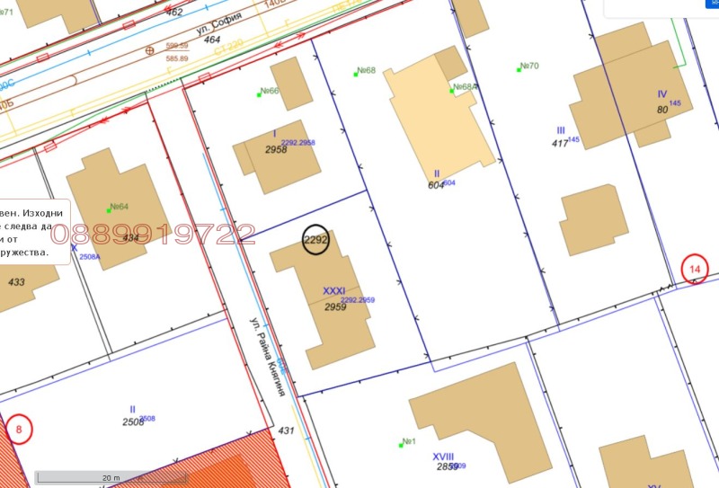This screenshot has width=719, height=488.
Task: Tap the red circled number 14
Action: [x=695, y=268]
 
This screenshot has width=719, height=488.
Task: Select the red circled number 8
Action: [x=18, y=429]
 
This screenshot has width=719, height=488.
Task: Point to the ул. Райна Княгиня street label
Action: [x=271, y=350]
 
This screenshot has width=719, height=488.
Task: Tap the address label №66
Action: [x=269, y=91]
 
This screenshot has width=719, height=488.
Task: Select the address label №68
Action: [x=365, y=71]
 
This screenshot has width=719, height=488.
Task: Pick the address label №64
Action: [x=118, y=206]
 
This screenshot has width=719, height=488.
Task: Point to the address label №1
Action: [x=408, y=441]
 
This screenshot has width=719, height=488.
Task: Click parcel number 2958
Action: [x=276, y=149]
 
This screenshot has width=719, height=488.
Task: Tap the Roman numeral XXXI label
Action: [x=333, y=291]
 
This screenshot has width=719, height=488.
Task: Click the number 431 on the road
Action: [x=286, y=431]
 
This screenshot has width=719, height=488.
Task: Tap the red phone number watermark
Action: [x=153, y=235]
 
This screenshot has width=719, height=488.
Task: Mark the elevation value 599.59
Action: [x=176, y=45]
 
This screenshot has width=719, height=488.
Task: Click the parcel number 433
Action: [x=16, y=281]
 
